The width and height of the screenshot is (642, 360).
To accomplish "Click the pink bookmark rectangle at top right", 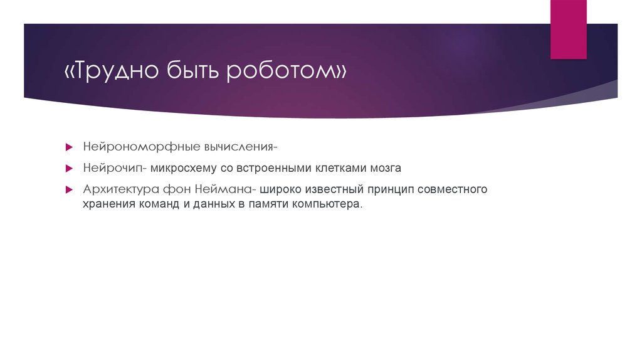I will coord(568,29).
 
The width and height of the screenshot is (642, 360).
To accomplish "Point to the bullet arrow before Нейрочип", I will coord(70,169).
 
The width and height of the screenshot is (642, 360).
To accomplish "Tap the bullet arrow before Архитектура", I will coord(70,189).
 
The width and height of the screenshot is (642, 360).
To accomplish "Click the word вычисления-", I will coord(241,147).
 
